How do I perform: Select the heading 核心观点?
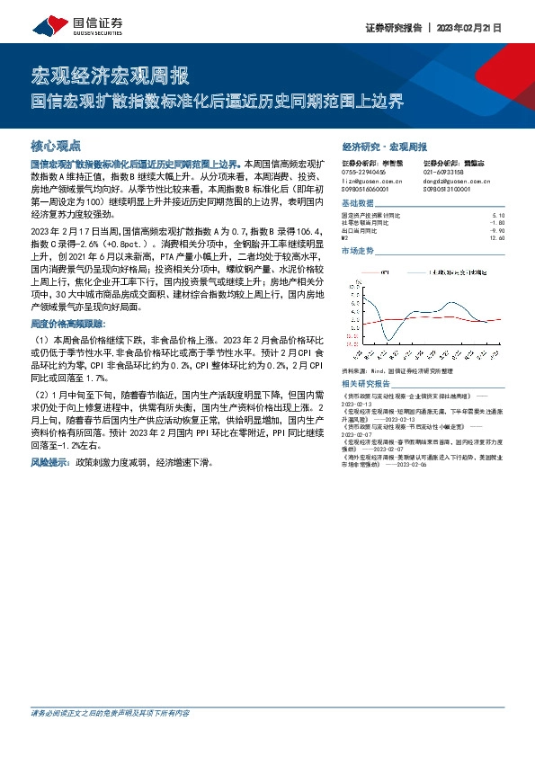pos(56,145)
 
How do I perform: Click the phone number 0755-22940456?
pos(364,171)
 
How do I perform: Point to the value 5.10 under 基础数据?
pos(500,217)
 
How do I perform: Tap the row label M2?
pos(346,237)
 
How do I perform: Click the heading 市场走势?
pos(358,251)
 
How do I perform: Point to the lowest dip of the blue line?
pos(388,338)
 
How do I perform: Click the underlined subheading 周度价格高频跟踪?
pos(67,323)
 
